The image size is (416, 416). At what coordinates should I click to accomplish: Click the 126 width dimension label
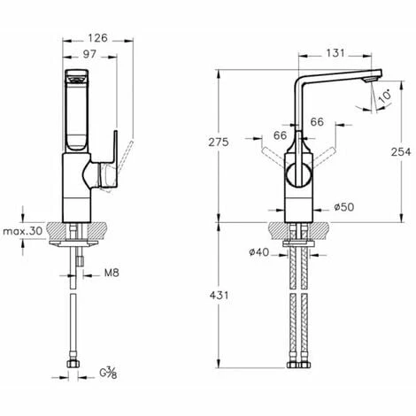(x=98, y=38)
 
